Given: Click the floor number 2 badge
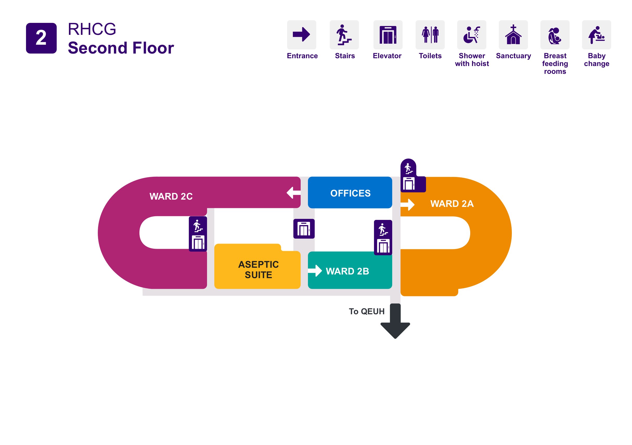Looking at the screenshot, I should coord(41,38).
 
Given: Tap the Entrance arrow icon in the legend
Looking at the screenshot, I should coord(301,35).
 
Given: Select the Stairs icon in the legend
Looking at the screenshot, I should coord(344,35).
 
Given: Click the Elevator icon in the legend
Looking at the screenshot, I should coord(388,35).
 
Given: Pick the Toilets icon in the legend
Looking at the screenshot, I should coord(430,35).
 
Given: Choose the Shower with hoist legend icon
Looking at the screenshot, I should coord(472,35).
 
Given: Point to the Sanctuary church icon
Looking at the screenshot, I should coord(513,35).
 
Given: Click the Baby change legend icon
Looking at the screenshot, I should coord(596,35).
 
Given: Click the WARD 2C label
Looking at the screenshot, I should coord(171,196).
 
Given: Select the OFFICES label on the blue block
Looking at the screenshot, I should coord(350,193).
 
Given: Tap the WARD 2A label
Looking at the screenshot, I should coord(452,204).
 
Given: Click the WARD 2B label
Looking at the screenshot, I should coord(347,271).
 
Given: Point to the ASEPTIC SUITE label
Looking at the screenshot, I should coord(258,270).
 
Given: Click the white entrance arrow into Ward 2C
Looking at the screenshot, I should coord(293,193).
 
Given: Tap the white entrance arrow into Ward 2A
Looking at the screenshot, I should coord(408,205).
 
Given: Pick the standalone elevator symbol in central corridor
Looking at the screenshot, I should coord(304,229).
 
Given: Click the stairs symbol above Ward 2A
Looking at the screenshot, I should coord(408,168).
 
